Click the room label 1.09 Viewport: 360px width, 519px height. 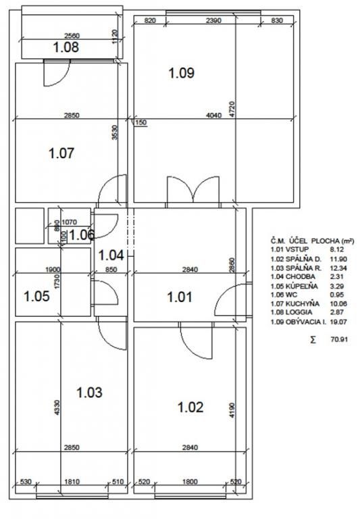[x=181, y=73]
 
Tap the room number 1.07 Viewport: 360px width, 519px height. [x=61, y=153]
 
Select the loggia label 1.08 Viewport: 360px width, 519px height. [x=66, y=47]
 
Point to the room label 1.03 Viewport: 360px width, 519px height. [x=89, y=392]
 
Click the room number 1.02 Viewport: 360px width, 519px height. [x=190, y=407]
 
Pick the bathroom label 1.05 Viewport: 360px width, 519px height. [x=36, y=296]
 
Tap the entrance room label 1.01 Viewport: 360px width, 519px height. [x=180, y=297]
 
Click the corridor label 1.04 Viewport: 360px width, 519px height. [x=111, y=255]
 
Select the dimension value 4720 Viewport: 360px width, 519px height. [x=232, y=109]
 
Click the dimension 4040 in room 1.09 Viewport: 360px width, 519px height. [x=213, y=115]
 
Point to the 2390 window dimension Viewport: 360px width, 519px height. [x=213, y=20]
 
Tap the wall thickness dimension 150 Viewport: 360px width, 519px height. [x=141, y=122]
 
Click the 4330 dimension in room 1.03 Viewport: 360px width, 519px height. [x=57, y=407]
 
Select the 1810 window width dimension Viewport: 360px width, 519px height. [x=72, y=482]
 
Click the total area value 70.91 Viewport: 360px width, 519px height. [x=339, y=339]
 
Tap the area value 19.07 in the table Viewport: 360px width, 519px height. [x=338, y=322]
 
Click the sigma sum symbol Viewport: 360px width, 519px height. [x=313, y=340]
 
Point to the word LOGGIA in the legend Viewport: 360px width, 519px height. [x=299, y=312]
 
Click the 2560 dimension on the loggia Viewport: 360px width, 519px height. [x=72, y=36]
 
